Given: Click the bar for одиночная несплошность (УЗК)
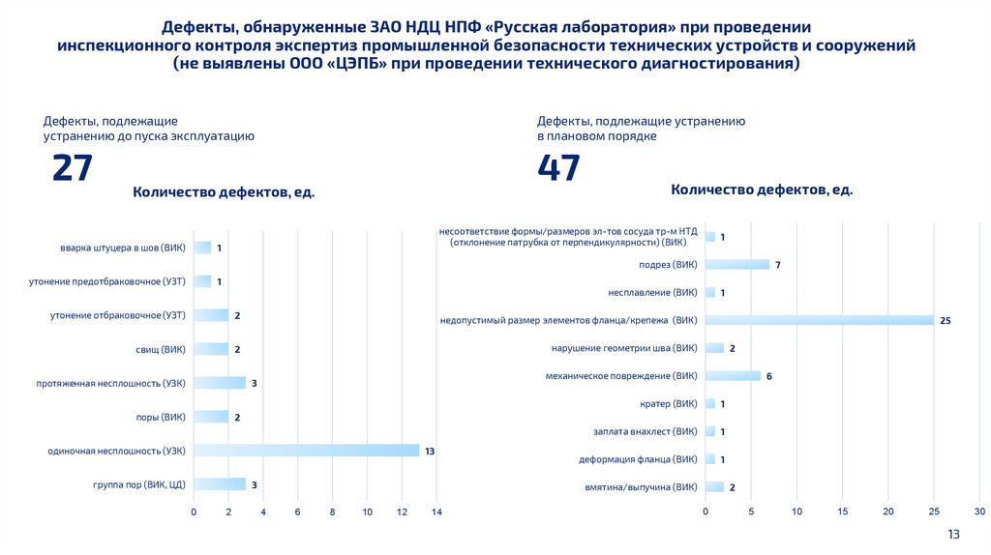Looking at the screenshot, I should (x=306, y=451).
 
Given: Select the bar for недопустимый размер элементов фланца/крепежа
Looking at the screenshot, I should (x=820, y=320).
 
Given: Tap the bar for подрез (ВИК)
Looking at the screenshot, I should (x=737, y=265).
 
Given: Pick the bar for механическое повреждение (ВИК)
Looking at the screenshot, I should (x=733, y=376).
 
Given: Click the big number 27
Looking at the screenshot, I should (x=73, y=168).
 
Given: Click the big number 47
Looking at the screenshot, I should (x=559, y=168).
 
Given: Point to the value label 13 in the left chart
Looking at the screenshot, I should (x=431, y=451).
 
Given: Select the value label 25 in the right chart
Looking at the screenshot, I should (x=946, y=320).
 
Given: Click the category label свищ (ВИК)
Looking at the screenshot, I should (x=161, y=349).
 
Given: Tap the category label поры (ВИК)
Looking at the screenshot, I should (x=161, y=417).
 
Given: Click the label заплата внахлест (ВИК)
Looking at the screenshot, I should (x=646, y=431).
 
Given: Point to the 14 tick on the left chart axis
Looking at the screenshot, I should (x=436, y=511).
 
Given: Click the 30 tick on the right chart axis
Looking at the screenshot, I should (x=979, y=511).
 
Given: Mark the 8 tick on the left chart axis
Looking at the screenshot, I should (x=332, y=511).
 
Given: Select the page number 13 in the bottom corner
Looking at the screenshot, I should (x=952, y=535).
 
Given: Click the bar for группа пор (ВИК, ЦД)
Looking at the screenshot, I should (x=220, y=484).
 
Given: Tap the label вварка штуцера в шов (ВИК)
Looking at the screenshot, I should (x=123, y=248).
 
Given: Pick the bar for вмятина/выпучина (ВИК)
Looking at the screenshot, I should (x=714, y=487).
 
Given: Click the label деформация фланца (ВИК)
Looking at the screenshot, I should (x=638, y=459).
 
